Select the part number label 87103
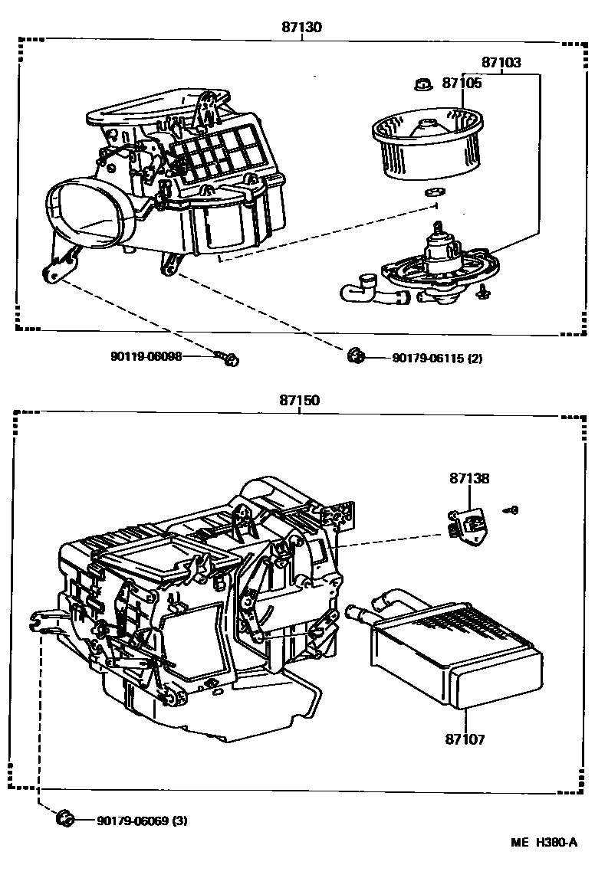click(501, 63)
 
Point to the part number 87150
click(299, 401)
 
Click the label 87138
click(469, 478)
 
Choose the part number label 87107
click(465, 740)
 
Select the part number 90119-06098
click(146, 357)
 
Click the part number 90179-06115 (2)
click(437, 358)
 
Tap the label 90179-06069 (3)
click(142, 821)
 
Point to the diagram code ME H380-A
click(544, 841)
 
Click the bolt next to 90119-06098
click(228, 358)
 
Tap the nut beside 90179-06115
click(355, 355)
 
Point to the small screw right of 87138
click(511, 509)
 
